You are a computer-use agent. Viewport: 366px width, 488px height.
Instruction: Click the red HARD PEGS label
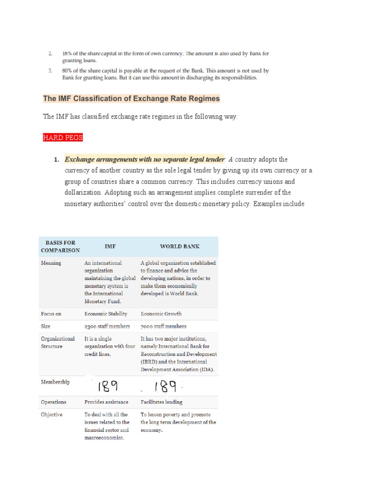[62, 138]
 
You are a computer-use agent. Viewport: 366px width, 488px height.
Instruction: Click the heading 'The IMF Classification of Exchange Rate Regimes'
[132, 99]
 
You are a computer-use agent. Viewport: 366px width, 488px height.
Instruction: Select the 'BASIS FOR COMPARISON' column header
[60, 246]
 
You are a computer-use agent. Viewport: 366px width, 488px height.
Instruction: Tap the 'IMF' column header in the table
[110, 246]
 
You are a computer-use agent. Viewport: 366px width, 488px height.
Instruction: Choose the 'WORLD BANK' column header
[179, 246]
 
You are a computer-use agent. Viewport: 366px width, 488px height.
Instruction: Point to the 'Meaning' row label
[51, 263]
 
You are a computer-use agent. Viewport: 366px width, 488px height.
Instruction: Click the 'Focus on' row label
[51, 314]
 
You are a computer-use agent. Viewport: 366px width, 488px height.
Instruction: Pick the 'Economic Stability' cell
[106, 314]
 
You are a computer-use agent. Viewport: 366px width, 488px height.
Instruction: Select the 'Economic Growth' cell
[161, 314]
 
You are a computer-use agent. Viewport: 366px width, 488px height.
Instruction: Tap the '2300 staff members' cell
[107, 326]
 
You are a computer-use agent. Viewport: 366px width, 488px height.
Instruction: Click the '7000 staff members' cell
[163, 326]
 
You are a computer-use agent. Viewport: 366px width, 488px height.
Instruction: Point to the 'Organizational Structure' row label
[58, 342]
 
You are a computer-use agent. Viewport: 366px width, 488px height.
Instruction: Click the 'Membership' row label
[55, 382]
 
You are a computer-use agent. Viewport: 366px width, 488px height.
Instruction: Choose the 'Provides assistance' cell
[106, 402]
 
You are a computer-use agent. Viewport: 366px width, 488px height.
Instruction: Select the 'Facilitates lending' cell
[161, 402]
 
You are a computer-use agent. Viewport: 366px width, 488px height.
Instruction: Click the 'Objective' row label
[51, 415]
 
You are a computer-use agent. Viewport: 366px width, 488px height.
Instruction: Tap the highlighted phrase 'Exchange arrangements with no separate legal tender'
[144, 159]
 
